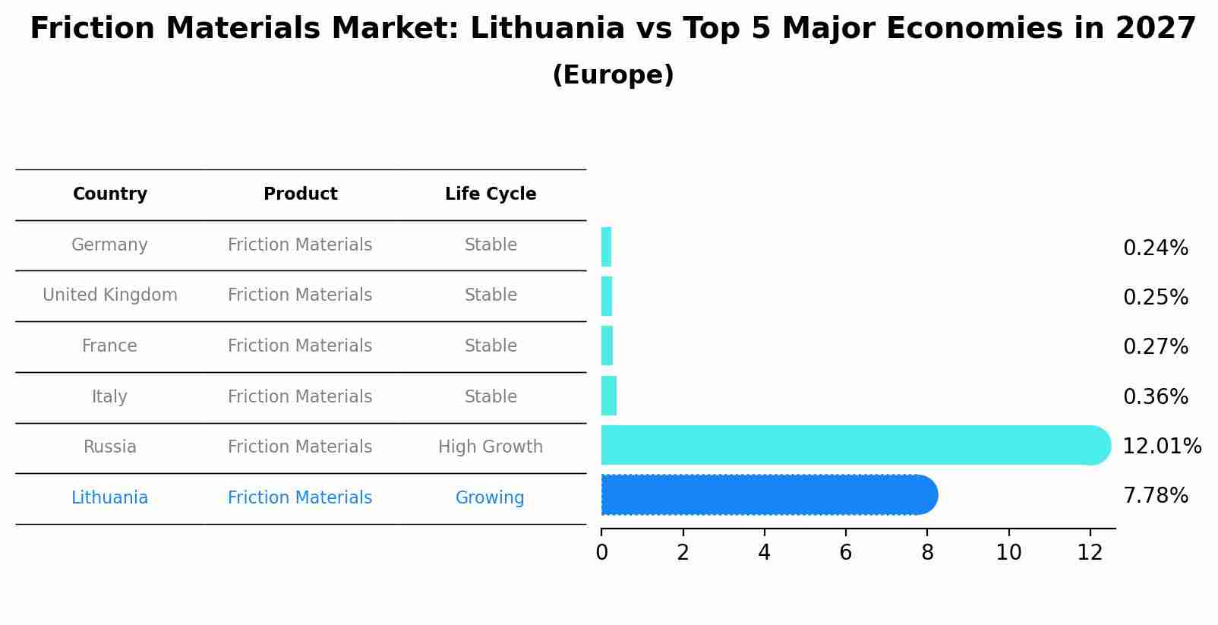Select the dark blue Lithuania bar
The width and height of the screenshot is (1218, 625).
(767, 495)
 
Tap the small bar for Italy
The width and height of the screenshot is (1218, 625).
(608, 396)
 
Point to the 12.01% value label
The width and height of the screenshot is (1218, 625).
(1161, 446)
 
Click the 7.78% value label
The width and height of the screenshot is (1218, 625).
(1155, 496)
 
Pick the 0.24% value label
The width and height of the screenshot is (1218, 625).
(1155, 248)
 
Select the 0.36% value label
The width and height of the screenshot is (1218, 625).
(1155, 396)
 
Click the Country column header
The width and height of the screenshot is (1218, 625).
(110, 194)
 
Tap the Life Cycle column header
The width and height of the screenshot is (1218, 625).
(491, 194)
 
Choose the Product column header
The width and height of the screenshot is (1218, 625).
(300, 194)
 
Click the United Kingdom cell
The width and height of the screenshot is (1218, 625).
(110, 295)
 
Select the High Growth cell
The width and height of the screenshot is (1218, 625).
(491, 447)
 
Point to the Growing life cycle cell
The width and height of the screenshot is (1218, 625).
(490, 497)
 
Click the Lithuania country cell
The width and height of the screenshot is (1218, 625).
(110, 497)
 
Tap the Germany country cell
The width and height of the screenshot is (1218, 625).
(110, 245)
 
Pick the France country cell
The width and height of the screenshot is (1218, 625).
(110, 346)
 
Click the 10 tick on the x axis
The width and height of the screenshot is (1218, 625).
(1008, 553)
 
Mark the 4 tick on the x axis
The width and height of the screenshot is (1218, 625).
(764, 553)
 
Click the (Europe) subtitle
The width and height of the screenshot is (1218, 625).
(613, 75)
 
